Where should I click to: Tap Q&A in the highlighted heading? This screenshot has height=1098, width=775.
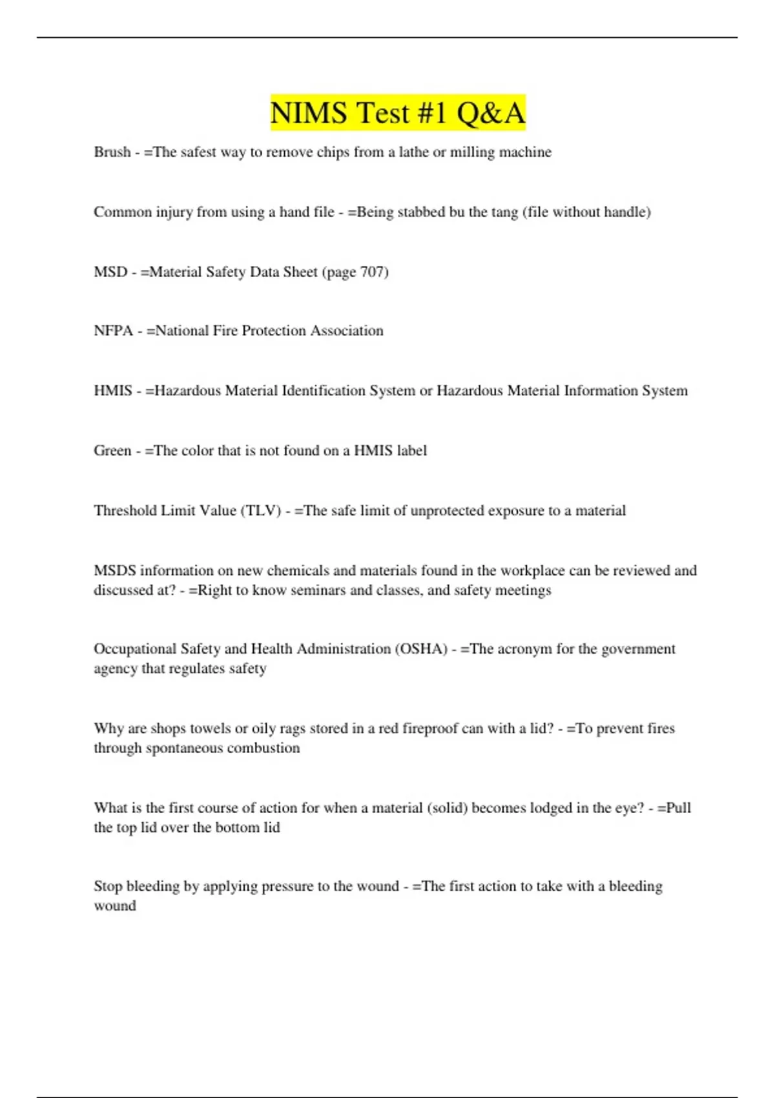[491, 113]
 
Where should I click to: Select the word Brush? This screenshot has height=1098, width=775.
[112, 152]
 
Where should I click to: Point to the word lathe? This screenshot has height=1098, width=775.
[415, 152]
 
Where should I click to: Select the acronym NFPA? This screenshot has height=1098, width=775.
[113, 331]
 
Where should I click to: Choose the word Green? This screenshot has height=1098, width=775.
[112, 451]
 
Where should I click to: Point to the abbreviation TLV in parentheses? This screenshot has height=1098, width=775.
[261, 511]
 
